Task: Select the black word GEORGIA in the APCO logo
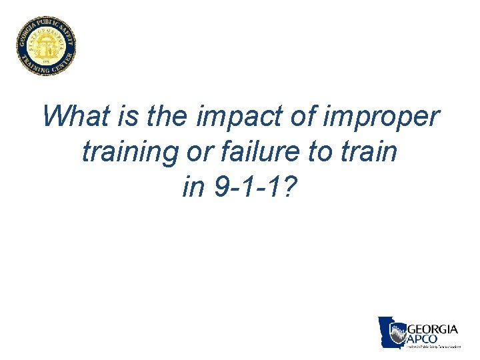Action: point(432,329)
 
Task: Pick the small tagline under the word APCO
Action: point(434,347)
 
